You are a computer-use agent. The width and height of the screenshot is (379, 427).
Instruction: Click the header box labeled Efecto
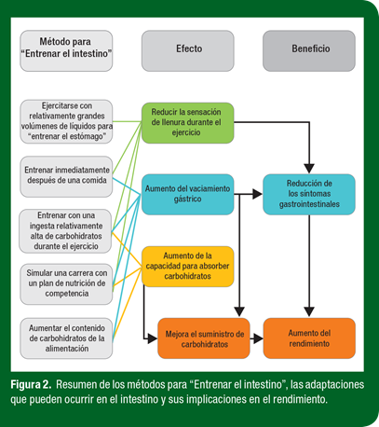point(188,50)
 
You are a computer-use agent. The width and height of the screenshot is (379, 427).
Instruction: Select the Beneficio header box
point(309,50)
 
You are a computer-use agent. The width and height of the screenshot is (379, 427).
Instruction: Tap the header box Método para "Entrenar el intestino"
point(66,50)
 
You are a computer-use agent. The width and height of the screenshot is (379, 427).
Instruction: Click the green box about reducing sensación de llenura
point(188,123)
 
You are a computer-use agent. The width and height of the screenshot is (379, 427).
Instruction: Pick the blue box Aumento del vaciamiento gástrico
point(188,195)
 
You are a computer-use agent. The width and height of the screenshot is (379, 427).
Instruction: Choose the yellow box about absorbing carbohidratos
point(188,267)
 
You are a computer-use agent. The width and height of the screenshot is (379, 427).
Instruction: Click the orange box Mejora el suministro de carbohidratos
point(204,338)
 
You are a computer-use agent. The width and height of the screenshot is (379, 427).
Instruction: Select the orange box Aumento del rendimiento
point(309,338)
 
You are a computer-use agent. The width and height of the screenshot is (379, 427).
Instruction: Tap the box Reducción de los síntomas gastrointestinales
point(309,195)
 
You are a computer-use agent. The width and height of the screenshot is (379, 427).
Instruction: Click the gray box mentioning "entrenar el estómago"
point(66,121)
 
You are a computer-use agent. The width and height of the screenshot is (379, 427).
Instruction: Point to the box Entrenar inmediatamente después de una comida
point(66,176)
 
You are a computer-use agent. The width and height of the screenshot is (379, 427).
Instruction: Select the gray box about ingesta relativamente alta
point(65,231)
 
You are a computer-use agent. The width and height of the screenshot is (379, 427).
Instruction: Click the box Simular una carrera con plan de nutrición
point(66,284)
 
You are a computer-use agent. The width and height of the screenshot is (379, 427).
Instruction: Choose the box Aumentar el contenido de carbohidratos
point(66,338)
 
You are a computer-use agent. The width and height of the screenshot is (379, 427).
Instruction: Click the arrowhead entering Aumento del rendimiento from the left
point(258,338)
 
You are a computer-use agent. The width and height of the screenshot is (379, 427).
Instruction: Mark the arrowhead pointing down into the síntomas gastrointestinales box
point(309,169)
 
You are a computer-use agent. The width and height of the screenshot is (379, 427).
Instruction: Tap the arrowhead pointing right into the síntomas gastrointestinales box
point(258,194)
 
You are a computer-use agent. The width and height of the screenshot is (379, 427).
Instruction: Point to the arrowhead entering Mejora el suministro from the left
point(153,338)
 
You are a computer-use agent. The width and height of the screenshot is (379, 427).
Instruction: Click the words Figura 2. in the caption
point(31,385)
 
